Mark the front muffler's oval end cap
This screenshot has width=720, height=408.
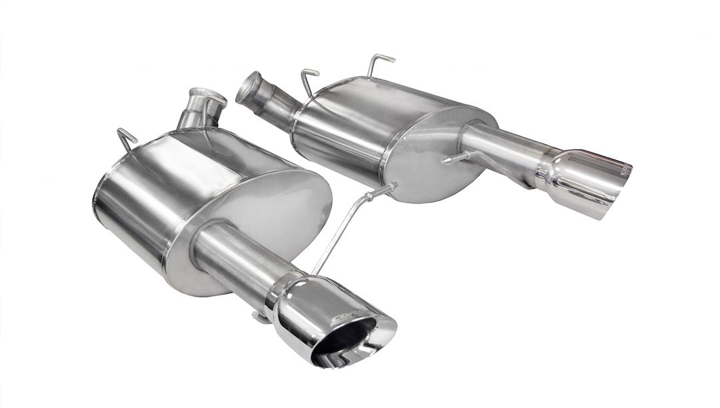267,220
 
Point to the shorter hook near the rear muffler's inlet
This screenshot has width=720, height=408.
309,80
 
